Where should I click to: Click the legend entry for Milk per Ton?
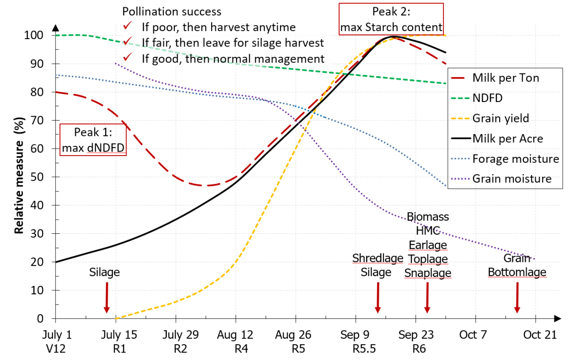506,78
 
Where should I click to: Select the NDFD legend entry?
487,98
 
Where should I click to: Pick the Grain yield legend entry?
501,118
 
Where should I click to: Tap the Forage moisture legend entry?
516,159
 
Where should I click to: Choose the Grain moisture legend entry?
512,179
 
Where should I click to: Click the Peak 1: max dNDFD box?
93,140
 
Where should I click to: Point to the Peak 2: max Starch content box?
391,19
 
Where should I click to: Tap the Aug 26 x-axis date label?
293,335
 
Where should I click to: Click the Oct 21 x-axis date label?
540,335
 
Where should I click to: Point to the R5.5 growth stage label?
364,349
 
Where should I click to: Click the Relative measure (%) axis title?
19,175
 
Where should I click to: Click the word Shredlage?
377,258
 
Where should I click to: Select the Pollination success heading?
172,12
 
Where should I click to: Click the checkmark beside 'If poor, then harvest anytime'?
128,26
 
